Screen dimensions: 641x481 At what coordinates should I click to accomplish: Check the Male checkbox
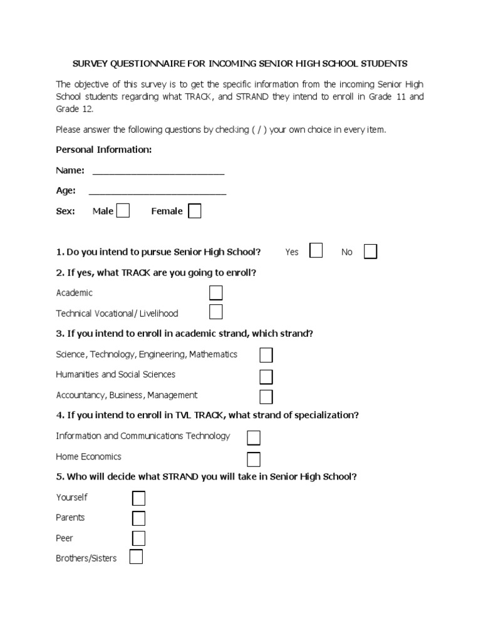pos(123,211)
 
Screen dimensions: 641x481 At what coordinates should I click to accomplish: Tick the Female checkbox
pos(195,211)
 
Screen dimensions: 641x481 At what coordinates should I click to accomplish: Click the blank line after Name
pos(158,172)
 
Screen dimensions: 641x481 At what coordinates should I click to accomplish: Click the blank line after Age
pos(158,192)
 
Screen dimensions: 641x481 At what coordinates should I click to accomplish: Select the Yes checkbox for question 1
pos(316,252)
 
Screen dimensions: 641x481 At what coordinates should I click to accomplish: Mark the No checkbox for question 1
pos(370,252)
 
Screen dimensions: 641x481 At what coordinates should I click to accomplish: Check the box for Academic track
pos(215,293)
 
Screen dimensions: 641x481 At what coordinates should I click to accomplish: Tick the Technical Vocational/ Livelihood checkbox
pos(215,312)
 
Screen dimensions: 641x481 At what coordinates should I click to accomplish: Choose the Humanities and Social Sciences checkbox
pos(266,376)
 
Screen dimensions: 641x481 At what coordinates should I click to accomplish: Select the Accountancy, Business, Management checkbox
pos(266,396)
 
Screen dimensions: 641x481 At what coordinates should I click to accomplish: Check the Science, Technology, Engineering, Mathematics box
pos(266,355)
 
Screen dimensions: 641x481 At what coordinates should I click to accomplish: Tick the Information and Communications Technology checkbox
pos(254,437)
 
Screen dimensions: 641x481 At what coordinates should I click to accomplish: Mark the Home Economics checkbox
pos(254,459)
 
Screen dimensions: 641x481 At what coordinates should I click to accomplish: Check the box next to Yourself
pos(138,498)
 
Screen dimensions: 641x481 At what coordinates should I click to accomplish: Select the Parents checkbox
pos(138,518)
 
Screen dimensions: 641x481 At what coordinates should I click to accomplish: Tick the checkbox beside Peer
pos(138,538)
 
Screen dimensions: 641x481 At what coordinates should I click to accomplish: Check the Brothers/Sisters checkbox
pos(136,556)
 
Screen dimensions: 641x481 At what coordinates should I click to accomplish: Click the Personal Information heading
pos(103,150)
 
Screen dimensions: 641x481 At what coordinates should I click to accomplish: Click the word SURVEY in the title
pos(90,63)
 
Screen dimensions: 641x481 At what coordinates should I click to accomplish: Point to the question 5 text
pos(207,476)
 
